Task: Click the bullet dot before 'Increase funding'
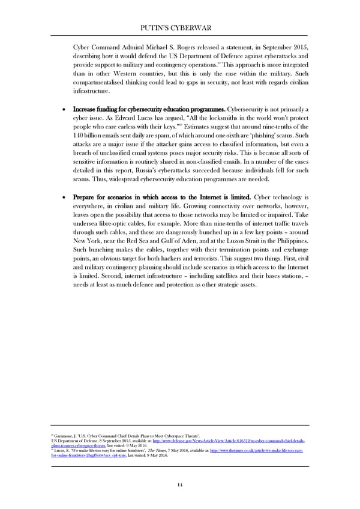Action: [63, 109]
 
